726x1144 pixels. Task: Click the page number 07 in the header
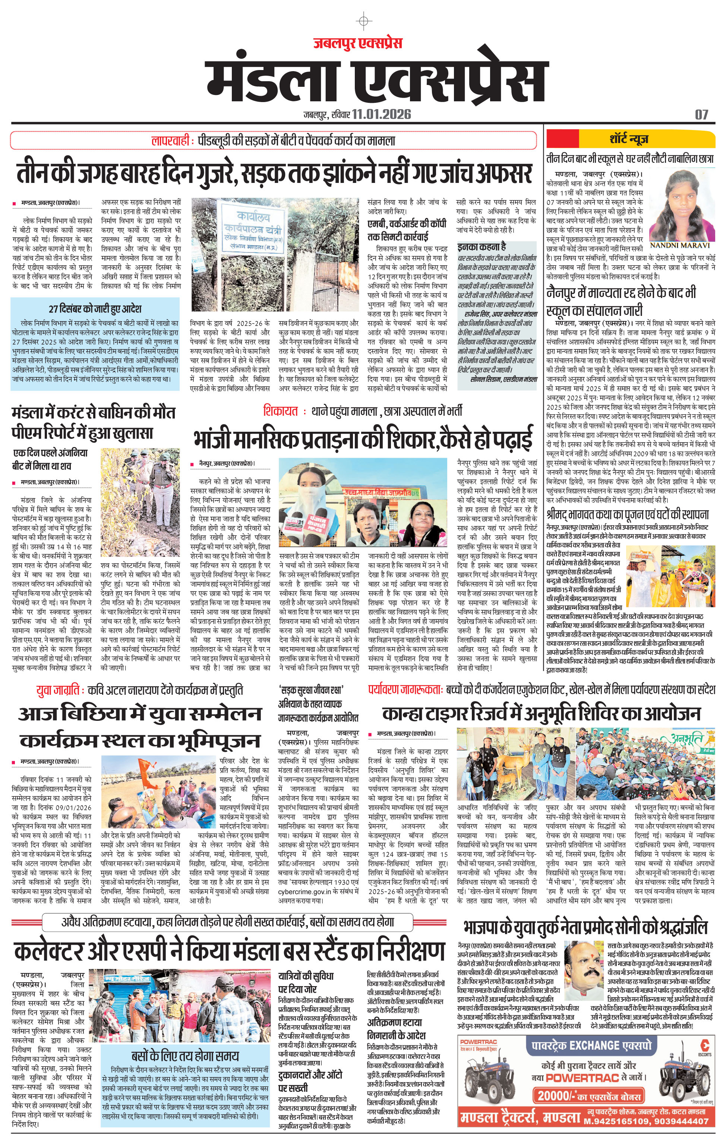click(x=701, y=114)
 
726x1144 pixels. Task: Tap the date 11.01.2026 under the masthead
click(x=382, y=114)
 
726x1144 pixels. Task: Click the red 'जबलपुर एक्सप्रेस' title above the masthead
click(x=357, y=43)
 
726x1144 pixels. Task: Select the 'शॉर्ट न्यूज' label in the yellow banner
click(x=628, y=139)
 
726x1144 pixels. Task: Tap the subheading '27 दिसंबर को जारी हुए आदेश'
click(x=95, y=308)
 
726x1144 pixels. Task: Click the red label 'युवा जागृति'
click(x=58, y=690)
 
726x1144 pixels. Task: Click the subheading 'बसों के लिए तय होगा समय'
click(x=185, y=1056)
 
